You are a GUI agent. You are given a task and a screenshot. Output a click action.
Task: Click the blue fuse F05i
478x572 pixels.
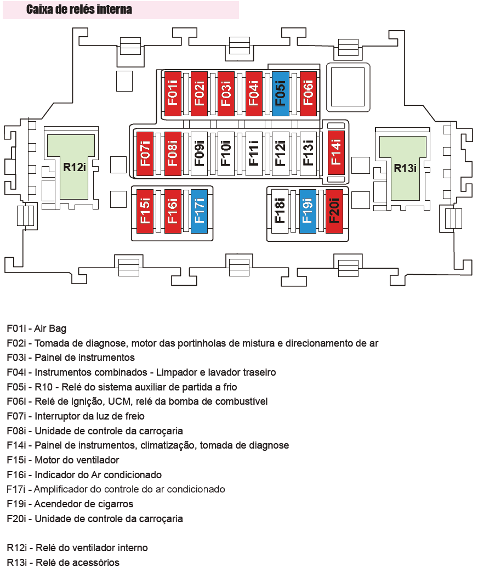click(x=280, y=94)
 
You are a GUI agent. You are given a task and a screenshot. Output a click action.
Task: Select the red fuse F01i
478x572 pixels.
click(x=173, y=94)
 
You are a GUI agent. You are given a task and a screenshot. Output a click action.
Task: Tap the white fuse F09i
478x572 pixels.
click(x=199, y=154)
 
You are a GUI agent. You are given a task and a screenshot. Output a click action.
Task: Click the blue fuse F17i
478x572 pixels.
click(x=199, y=212)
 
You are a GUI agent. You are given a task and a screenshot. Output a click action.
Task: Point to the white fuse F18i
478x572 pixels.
click(x=280, y=212)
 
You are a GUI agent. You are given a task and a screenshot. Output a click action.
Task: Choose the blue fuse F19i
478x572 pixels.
click(x=308, y=212)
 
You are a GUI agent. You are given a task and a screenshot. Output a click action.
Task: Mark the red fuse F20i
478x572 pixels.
click(x=334, y=212)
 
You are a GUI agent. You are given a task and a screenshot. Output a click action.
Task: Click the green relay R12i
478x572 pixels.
click(x=71, y=167)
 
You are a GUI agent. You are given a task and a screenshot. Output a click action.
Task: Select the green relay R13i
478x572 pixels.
click(x=403, y=168)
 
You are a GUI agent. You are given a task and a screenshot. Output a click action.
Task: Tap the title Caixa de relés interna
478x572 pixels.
click(x=79, y=9)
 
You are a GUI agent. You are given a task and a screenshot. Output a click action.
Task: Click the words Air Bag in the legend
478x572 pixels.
click(x=50, y=329)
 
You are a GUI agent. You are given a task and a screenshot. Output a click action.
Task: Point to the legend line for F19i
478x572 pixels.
click(x=70, y=504)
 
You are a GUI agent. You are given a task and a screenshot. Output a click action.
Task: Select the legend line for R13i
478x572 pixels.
click(x=63, y=563)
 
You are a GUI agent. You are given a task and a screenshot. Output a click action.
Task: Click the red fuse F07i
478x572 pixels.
click(x=145, y=154)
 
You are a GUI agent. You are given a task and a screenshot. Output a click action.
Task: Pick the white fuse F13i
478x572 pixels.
click(x=308, y=154)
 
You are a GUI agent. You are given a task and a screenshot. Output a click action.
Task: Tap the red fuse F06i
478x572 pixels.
click(x=308, y=94)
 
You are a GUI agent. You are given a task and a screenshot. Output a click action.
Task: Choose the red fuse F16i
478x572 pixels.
click(x=173, y=212)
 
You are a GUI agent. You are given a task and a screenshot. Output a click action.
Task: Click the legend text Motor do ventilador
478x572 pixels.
click(x=77, y=460)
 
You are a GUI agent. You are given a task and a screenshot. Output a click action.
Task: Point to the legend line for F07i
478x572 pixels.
click(x=76, y=416)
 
